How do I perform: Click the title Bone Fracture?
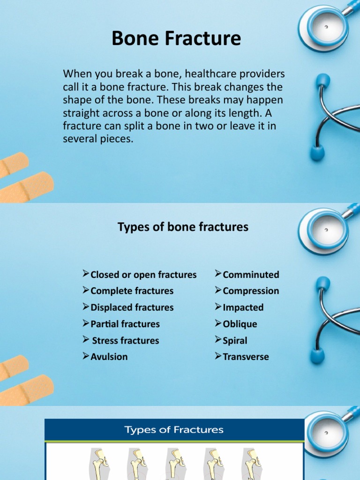click(176, 38)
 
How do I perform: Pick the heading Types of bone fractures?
click(182, 227)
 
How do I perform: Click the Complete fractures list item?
click(132, 291)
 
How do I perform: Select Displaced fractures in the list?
click(132, 307)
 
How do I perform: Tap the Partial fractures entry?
click(125, 324)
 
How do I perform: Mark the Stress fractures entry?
click(125, 341)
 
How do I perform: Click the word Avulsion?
click(109, 357)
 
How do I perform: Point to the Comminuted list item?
click(251, 275)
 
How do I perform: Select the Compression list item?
click(251, 291)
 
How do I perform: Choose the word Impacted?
click(243, 307)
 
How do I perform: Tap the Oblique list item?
click(240, 324)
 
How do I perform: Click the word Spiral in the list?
click(235, 341)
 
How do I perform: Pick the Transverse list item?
click(246, 357)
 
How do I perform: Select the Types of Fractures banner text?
click(174, 430)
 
